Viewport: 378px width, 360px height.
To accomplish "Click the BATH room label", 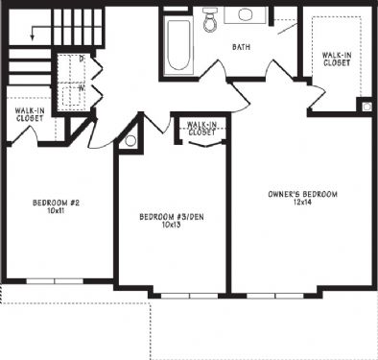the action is pyautogui.click(x=241, y=47).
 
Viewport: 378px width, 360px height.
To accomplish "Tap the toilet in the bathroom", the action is pyautogui.click(x=209, y=19).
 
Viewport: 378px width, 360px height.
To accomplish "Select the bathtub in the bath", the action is pyautogui.click(x=178, y=44).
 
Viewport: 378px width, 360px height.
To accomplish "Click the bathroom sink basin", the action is pyautogui.click(x=246, y=14).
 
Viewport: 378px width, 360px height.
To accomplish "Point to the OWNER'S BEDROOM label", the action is pyautogui.click(x=302, y=194).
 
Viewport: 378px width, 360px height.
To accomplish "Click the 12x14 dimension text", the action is pyautogui.click(x=302, y=203).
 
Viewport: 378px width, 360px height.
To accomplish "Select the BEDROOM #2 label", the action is pyautogui.click(x=56, y=203).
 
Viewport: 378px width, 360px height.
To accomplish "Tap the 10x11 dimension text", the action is pyautogui.click(x=56, y=211).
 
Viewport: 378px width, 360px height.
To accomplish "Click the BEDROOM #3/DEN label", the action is pyautogui.click(x=172, y=217).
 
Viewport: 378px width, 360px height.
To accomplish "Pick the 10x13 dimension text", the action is pyautogui.click(x=172, y=225).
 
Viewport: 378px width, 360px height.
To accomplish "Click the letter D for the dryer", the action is pyautogui.click(x=82, y=59).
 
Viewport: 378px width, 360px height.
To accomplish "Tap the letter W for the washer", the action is pyautogui.click(x=82, y=88).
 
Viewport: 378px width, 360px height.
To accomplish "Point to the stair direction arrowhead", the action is pyautogui.click(x=32, y=37).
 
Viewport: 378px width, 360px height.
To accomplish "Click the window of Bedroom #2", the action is pyautogui.click(x=55, y=281).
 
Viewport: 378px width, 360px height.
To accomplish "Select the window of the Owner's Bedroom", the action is pyautogui.click(x=275, y=296).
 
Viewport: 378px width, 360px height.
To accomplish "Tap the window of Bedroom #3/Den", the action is pyautogui.click(x=189, y=296).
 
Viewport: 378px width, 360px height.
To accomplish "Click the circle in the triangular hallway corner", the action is pyautogui.click(x=130, y=141).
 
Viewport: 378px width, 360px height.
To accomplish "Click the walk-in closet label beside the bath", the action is pyautogui.click(x=337, y=60).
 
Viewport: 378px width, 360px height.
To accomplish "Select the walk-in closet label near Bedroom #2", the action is pyautogui.click(x=30, y=114).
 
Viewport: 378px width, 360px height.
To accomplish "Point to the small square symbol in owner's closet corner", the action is pyautogui.click(x=366, y=107).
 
